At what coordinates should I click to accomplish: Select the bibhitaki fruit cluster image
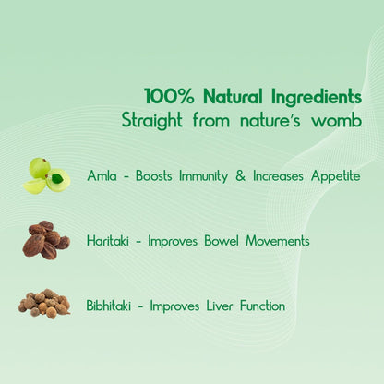(x=44, y=304)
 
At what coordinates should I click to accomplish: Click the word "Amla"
(x=102, y=175)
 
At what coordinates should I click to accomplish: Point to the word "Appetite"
(x=333, y=175)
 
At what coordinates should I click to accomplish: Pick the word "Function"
(x=258, y=306)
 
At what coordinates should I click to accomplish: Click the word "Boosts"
(x=153, y=175)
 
